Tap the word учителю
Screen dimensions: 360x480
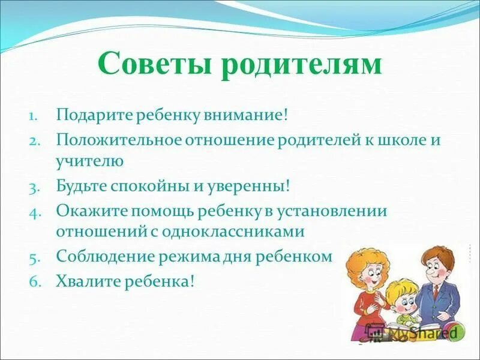[90, 161]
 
